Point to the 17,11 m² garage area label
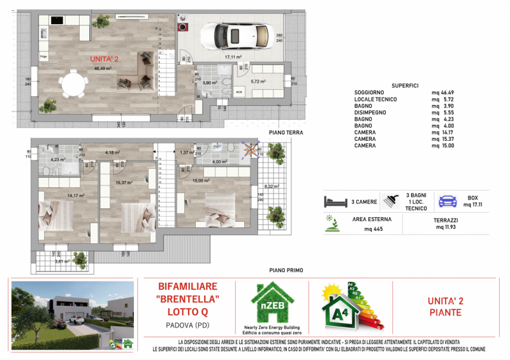(x=233, y=57)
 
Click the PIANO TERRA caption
(x=285, y=133)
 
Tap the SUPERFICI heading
(x=405, y=85)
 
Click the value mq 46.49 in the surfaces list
(x=444, y=92)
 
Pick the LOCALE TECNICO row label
(x=375, y=99)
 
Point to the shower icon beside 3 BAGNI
(x=388, y=201)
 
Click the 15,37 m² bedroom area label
(x=124, y=183)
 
